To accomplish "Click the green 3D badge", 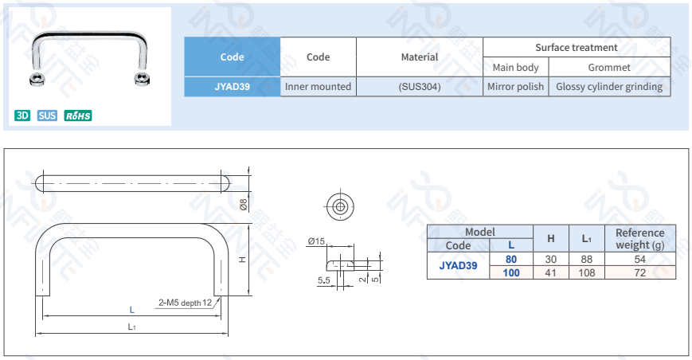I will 22,115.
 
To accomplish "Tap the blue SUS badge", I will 47,115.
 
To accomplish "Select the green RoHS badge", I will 78,115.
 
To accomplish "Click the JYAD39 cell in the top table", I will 232,87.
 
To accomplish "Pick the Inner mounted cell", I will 318,87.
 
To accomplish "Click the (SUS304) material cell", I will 419,87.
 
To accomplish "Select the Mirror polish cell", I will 515,87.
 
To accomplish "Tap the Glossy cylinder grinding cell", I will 609,87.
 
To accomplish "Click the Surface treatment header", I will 577,47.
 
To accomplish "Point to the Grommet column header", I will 609,68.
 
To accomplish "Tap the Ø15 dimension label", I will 317,241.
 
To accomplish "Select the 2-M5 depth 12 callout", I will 185,303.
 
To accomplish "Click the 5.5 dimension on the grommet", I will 324,280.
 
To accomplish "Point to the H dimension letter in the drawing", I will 241,260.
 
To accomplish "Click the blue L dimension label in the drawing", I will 132,309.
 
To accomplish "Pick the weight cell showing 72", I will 639,272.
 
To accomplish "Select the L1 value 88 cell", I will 586,260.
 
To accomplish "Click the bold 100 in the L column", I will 510,272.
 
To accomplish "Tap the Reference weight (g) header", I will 639,238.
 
